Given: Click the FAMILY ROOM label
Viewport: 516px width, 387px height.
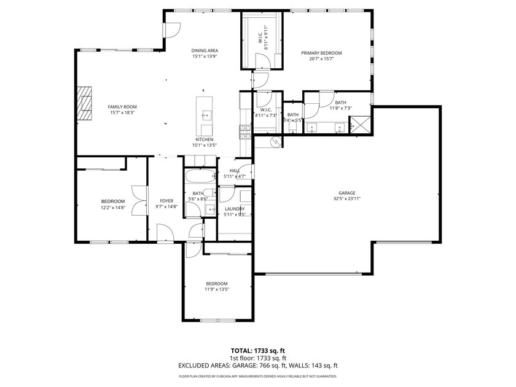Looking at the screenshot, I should pos(122,106).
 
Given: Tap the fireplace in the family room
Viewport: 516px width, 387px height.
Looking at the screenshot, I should pos(84,105).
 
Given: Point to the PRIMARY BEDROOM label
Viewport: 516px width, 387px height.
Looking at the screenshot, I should pos(321,53).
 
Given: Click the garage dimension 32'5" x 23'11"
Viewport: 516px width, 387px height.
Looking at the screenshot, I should pos(344,199).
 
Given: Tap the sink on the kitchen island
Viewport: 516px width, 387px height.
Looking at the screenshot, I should pos(206,114).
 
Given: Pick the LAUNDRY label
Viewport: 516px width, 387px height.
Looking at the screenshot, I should pos(235,209).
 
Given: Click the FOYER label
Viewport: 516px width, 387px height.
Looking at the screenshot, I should pos(166,201).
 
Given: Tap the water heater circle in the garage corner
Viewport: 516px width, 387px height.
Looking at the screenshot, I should pos(275,143).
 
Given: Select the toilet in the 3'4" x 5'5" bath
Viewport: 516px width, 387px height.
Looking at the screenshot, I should pos(293,130).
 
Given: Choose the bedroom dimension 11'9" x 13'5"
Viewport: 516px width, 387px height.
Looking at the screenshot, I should pos(216,289).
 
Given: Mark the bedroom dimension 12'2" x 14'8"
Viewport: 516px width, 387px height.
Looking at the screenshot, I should pos(113,208).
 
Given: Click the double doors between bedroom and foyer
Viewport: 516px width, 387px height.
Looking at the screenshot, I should pos(143,200).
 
